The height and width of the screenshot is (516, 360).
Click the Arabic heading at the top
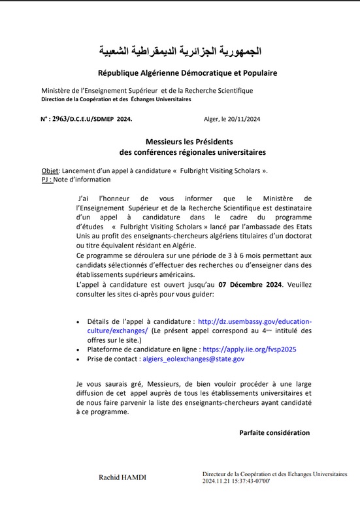tap(180, 50)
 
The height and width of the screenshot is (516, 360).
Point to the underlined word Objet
tap(50, 170)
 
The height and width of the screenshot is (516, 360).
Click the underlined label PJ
tap(46, 179)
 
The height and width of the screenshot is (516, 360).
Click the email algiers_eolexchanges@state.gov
tap(193, 359)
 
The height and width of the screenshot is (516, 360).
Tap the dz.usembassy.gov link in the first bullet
tap(254, 321)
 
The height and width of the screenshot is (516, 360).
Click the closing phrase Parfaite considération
tap(274, 432)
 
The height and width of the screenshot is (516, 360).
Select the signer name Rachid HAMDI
tap(122, 477)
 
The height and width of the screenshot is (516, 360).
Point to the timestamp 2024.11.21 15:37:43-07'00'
tap(241, 481)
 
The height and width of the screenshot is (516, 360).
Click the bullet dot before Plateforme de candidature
tap(78, 350)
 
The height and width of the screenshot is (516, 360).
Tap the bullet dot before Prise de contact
tap(78, 359)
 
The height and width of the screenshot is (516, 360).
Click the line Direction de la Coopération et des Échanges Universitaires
tap(116, 99)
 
